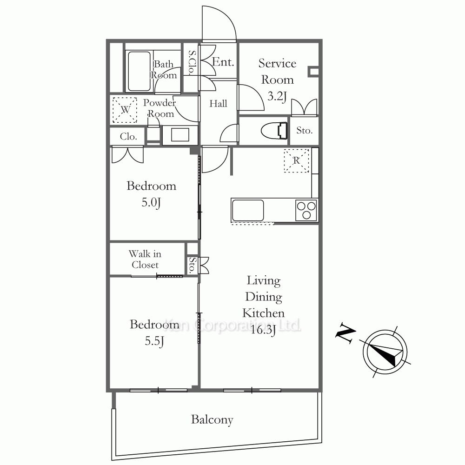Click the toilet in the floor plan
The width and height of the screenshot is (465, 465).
(x=275, y=131)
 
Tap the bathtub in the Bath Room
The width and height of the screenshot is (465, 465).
(x=139, y=71)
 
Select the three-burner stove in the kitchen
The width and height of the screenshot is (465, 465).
(x=306, y=210)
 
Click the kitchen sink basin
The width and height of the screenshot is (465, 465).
(x=248, y=210)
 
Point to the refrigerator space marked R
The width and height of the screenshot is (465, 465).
(x=296, y=160)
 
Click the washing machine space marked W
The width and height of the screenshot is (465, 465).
(x=125, y=110)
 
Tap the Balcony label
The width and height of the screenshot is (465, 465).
(x=212, y=419)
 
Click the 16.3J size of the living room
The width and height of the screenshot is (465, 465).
(x=263, y=330)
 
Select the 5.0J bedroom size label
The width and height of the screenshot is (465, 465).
(x=151, y=203)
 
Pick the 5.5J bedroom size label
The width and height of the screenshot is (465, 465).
(x=154, y=341)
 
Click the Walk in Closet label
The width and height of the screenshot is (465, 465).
(x=145, y=259)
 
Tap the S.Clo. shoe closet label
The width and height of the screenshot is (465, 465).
(x=192, y=62)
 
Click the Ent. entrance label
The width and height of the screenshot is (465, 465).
(x=223, y=62)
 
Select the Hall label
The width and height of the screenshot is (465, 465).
(x=218, y=104)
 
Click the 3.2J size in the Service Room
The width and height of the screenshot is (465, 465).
(x=277, y=96)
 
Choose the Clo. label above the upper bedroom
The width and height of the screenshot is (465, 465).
(x=128, y=136)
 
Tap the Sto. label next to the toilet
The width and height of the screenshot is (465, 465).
(x=305, y=130)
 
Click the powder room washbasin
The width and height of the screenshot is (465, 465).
(x=180, y=135)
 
